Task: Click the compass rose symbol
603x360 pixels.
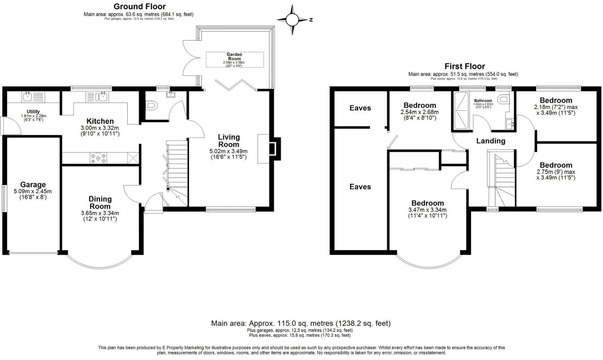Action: click(292, 20)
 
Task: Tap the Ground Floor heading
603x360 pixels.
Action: click(140, 6)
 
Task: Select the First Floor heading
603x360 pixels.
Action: click(465, 66)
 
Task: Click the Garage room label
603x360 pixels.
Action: click(33, 185)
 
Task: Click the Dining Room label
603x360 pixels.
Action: click(100, 202)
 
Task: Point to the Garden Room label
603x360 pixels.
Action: click(234, 57)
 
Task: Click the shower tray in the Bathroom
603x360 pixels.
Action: click(461, 111)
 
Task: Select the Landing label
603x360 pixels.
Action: click(491, 141)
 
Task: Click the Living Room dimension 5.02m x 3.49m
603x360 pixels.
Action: click(228, 151)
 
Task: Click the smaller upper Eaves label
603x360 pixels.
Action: click(360, 108)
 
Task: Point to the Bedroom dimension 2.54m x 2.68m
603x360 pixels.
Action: click(420, 112)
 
